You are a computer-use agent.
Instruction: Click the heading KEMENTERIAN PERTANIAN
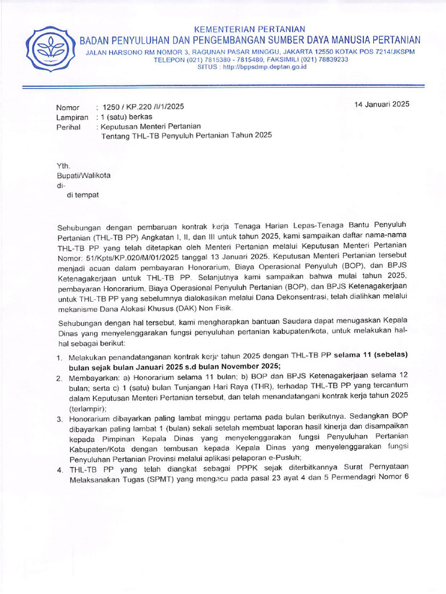(x=249, y=29)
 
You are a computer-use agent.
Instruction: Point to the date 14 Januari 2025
(x=382, y=104)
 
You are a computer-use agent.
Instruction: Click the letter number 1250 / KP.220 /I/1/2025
(x=143, y=107)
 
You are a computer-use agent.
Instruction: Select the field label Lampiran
(x=72, y=117)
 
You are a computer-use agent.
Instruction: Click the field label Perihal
(x=68, y=126)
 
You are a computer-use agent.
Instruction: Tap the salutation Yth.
(x=63, y=165)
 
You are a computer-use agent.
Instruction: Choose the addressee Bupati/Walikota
(x=83, y=175)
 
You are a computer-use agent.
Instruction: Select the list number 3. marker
(x=60, y=418)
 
